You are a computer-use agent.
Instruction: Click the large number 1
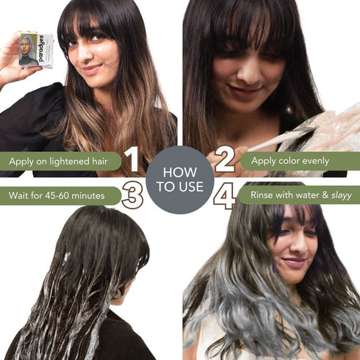(x=132, y=159)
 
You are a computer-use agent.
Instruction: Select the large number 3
(x=132, y=195)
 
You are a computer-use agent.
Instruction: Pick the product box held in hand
(x=35, y=49)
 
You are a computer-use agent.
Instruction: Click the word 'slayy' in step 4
(x=339, y=195)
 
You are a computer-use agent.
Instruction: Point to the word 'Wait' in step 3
(x=20, y=195)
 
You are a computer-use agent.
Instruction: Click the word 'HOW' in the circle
(x=179, y=171)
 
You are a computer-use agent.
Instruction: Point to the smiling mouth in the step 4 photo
(x=294, y=262)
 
